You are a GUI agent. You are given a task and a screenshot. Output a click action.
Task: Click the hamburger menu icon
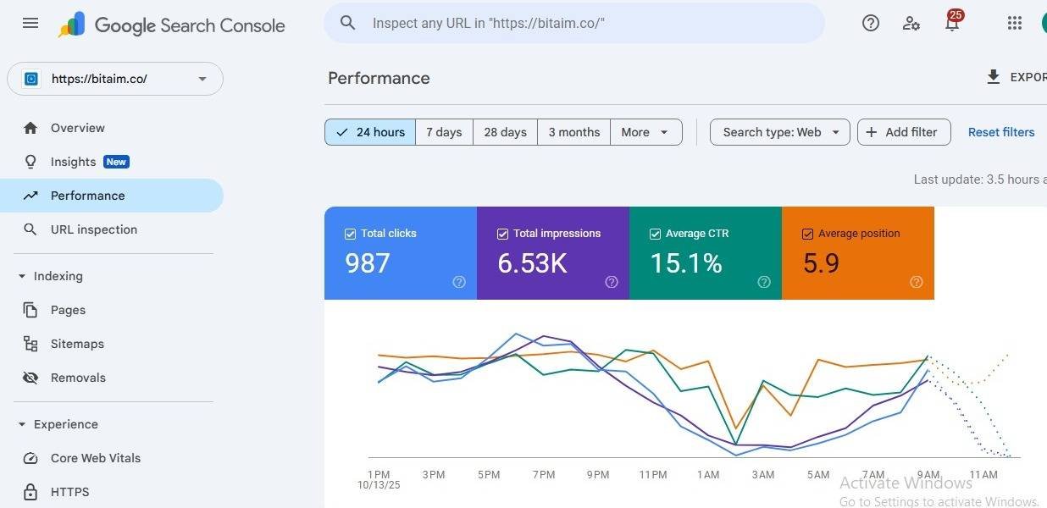30,23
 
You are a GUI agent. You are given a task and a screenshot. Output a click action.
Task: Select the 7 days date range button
444,132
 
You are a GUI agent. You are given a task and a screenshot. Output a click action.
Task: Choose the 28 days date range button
505,132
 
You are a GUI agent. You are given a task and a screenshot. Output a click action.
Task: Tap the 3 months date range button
574,132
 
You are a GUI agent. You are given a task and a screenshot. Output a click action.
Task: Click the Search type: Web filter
779,132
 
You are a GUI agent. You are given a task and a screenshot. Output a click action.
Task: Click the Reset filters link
1001,132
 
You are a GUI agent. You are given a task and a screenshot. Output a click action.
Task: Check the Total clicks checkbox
350,234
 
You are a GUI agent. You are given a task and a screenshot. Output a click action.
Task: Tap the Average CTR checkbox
655,234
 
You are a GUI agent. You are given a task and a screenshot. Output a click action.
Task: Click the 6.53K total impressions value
532,263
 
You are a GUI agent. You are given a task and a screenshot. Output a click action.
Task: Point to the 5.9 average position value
821,263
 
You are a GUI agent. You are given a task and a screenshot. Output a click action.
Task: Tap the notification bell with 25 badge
953,21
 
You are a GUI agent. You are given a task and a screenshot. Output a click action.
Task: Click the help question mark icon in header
871,23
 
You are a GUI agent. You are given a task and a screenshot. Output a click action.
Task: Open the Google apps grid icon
1015,23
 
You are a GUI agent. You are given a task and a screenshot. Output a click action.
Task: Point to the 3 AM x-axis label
763,475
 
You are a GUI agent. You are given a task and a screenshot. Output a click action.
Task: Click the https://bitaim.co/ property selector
115,79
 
